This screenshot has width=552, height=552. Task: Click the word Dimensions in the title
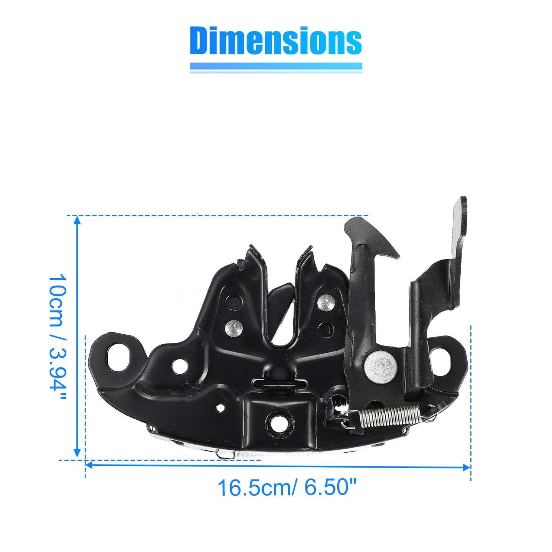(x=276, y=40)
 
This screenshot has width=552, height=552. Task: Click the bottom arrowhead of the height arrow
(x=77, y=453)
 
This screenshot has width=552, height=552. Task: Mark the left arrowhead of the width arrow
(x=90, y=465)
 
